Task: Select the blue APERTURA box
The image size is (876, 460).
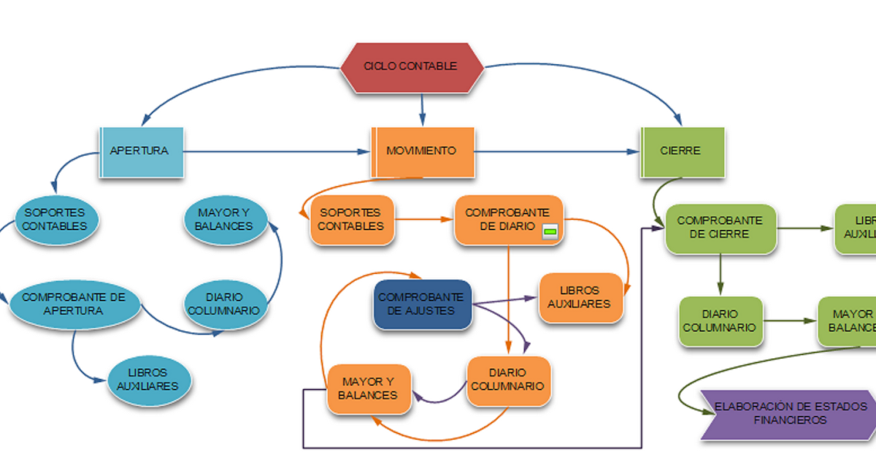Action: coord(141,152)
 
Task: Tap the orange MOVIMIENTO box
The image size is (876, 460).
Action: coord(423,152)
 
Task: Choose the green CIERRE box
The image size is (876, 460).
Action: coord(682,152)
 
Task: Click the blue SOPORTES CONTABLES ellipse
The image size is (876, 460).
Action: coord(55,219)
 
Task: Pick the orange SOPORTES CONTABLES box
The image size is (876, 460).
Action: coord(352,219)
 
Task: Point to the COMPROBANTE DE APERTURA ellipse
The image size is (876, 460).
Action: coord(74,304)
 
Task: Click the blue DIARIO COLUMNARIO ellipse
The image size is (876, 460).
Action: coord(223,304)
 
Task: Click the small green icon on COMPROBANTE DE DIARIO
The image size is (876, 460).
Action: coord(550,232)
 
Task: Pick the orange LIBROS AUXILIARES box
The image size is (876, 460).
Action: coord(580,298)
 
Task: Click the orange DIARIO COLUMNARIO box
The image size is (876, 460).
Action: coord(508,380)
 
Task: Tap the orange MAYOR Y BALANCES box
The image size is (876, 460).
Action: coord(368,388)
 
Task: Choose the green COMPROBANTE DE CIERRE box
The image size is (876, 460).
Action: coord(720,228)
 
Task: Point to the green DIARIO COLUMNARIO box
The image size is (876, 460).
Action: coord(720,321)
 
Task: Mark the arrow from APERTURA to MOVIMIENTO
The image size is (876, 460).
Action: coord(277,152)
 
